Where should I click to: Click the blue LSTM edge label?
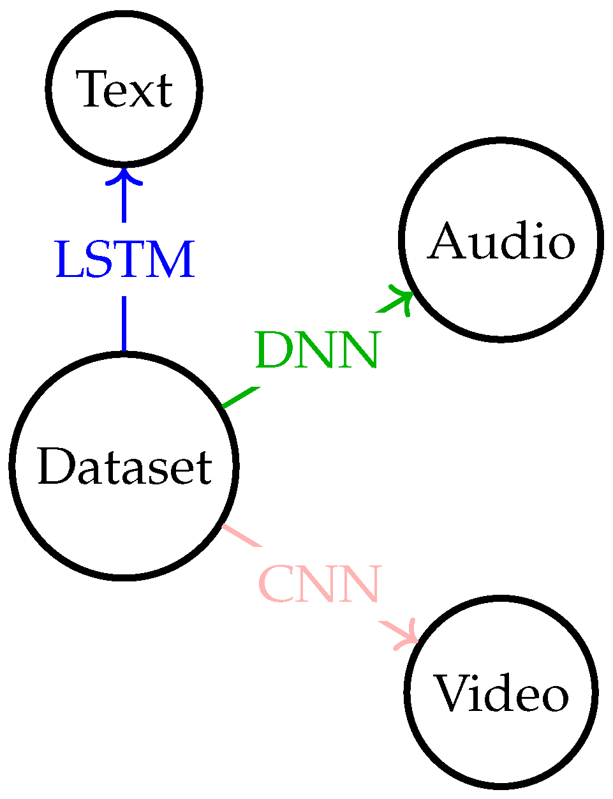tap(124, 260)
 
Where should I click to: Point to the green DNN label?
tap(317, 350)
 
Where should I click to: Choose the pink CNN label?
tap(320, 584)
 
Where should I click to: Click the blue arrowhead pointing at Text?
tap(124, 175)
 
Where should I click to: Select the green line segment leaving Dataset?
tap(241, 396)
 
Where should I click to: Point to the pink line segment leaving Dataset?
tap(241, 535)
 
